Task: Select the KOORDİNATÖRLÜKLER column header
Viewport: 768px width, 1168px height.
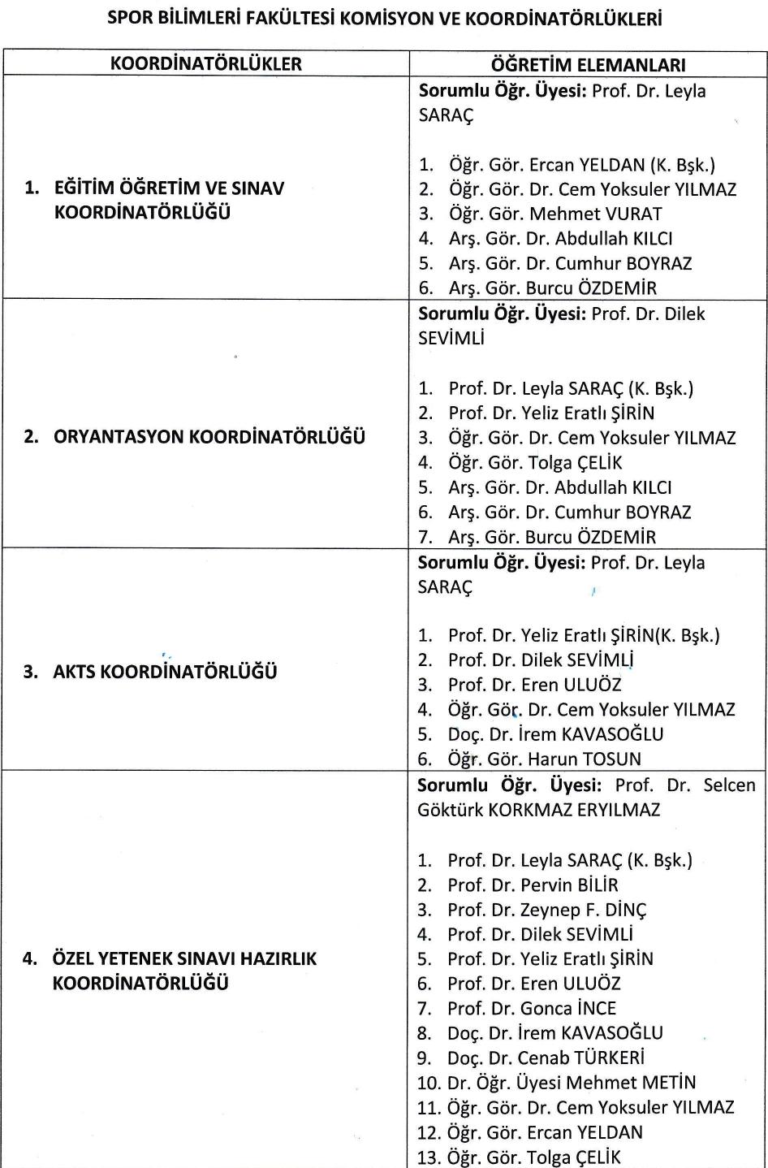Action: pyautogui.click(x=205, y=63)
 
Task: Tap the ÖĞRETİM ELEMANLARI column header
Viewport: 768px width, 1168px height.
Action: pyautogui.click(x=588, y=64)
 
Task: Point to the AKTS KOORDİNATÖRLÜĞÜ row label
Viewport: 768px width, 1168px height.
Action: pyautogui.click(x=165, y=673)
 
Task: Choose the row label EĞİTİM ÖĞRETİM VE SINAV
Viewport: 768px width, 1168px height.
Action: pyautogui.click(x=169, y=188)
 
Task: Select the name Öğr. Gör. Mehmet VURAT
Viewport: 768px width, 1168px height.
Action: pyautogui.click(x=555, y=214)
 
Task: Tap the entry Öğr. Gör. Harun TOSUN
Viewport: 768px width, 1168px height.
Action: pyautogui.click(x=544, y=759)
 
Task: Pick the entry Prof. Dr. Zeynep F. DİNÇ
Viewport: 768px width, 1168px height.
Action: pyautogui.click(x=546, y=910)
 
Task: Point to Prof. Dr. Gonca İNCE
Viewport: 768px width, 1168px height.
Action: pyautogui.click(x=532, y=1008)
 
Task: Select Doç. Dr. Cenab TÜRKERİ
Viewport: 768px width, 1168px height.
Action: pyautogui.click(x=546, y=1058)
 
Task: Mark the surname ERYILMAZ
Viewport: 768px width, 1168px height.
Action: pyautogui.click(x=619, y=810)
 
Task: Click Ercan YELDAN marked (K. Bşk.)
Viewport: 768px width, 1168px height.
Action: pyautogui.click(x=582, y=165)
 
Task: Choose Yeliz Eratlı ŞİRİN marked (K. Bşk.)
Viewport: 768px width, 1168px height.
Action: pyautogui.click(x=584, y=635)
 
